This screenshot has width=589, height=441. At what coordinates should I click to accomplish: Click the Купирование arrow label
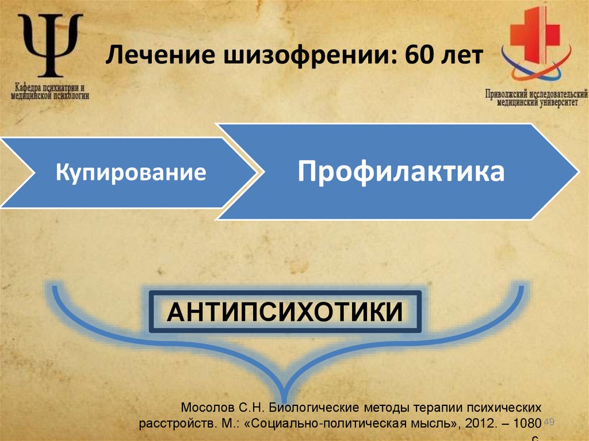[131, 172]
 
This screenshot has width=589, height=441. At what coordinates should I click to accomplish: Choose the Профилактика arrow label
[401, 171]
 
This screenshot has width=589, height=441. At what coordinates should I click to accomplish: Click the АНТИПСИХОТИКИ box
[285, 312]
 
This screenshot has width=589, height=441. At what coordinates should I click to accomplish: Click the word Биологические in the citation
[311, 408]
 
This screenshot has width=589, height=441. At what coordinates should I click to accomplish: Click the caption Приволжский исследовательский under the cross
[536, 93]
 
